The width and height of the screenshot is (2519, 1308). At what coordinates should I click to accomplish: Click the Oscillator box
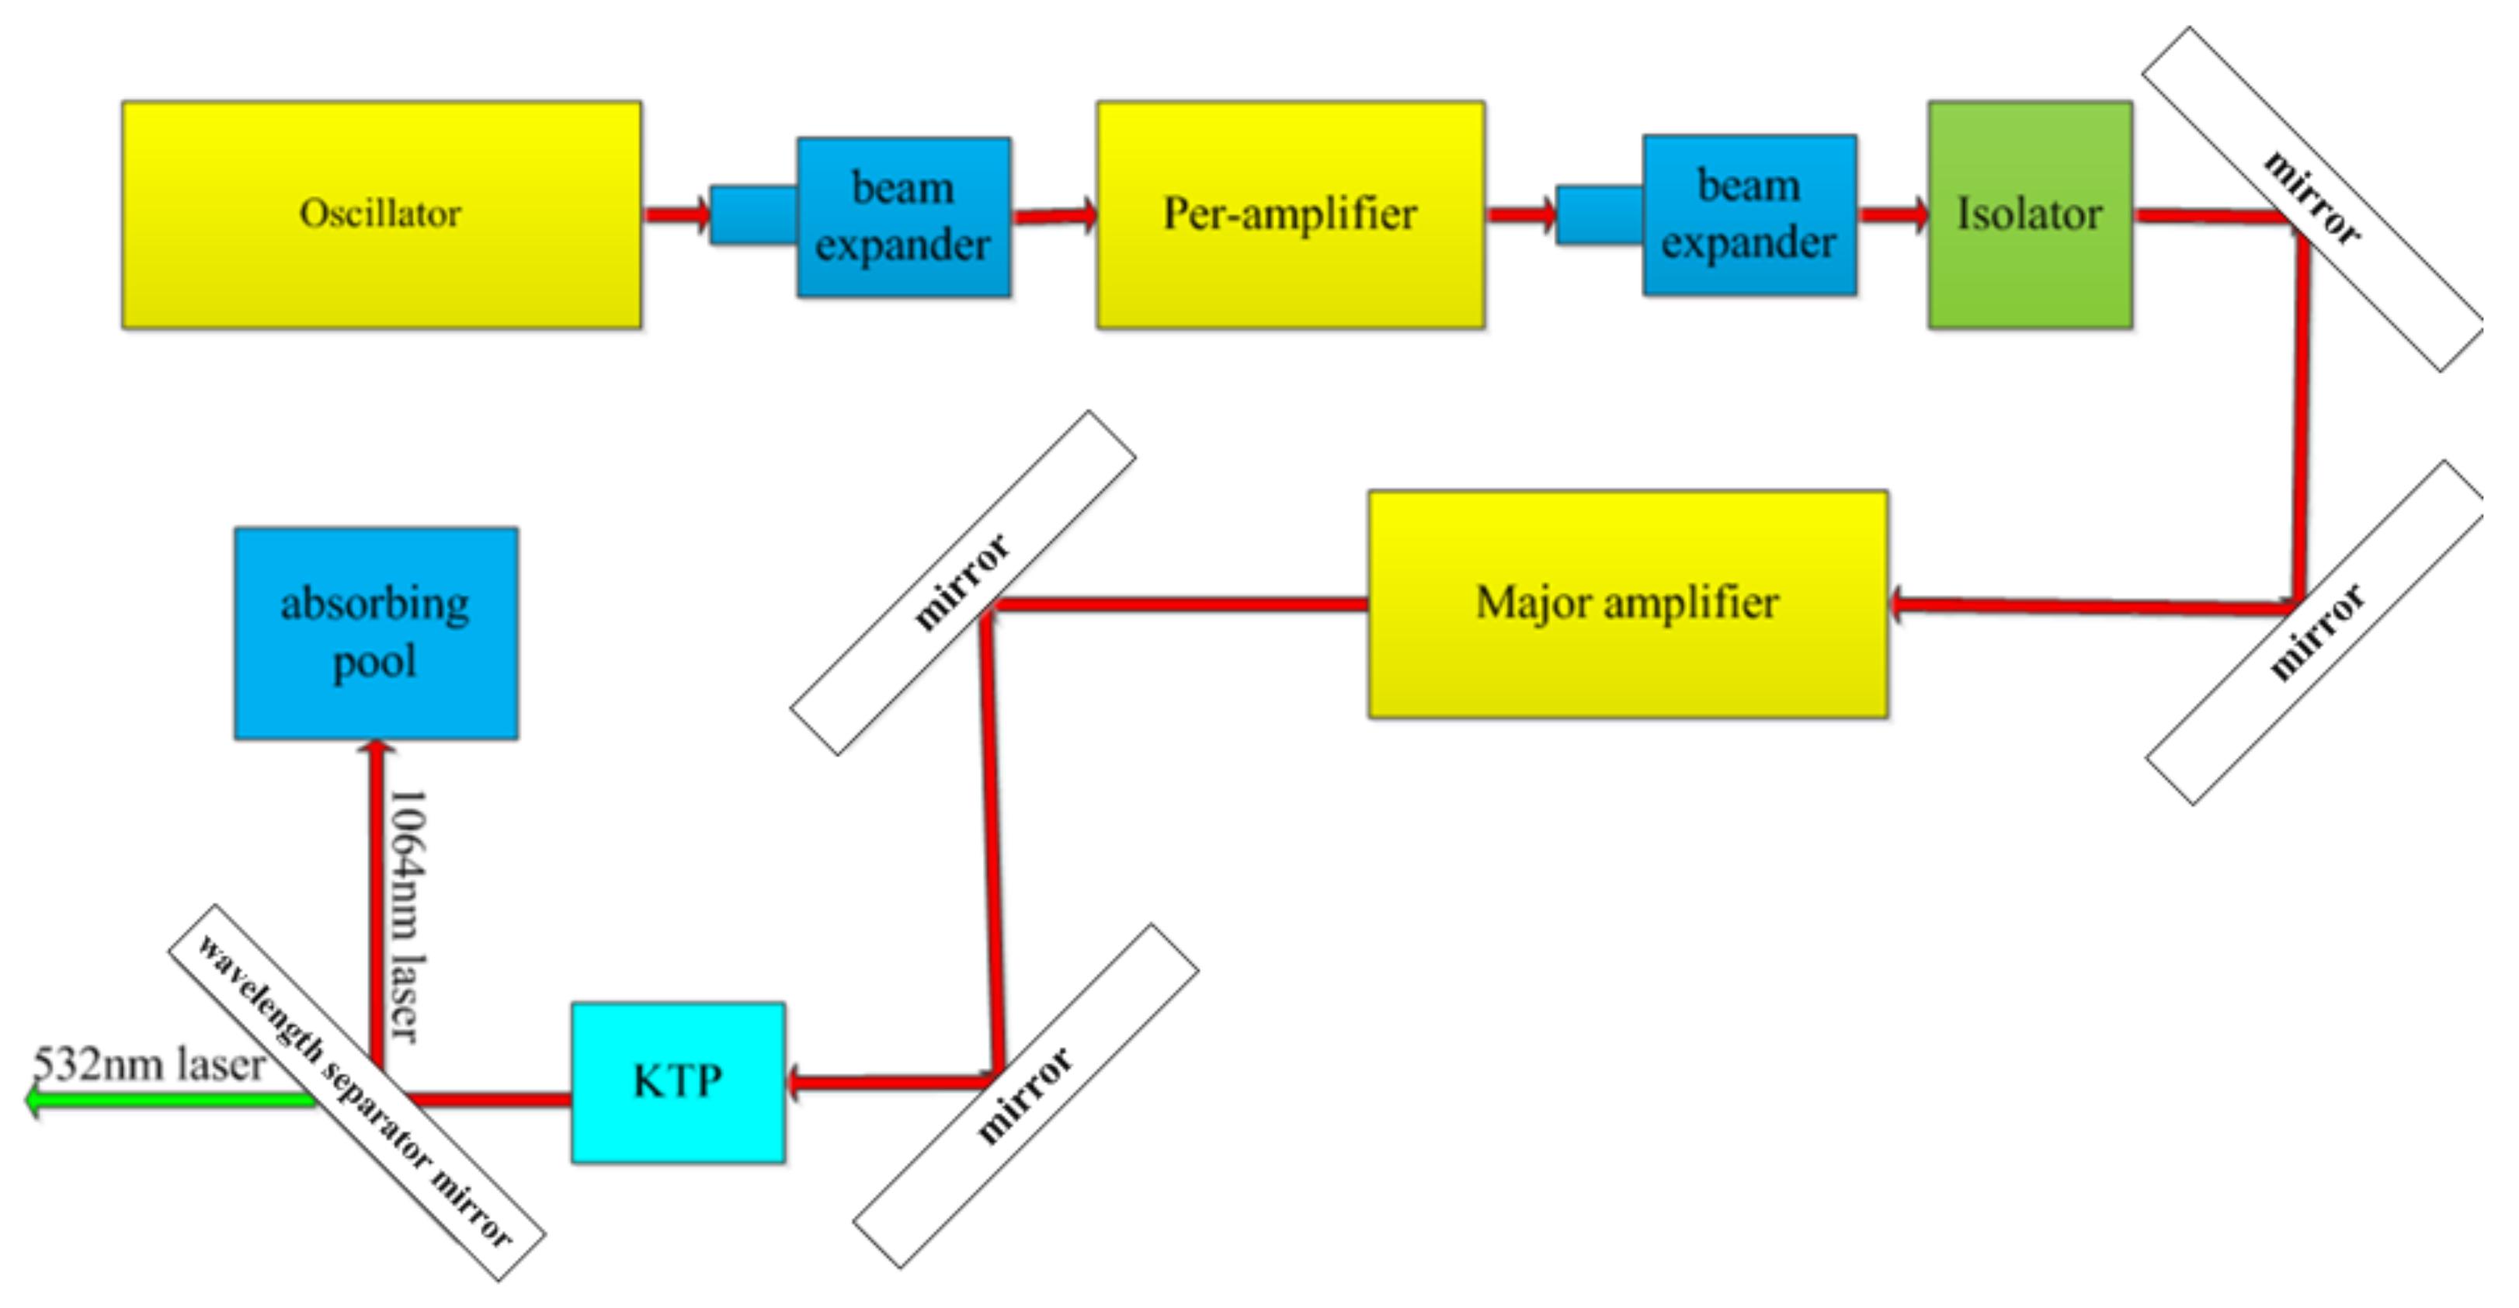click(x=381, y=214)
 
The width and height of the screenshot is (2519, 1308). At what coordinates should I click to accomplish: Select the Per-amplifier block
click(x=1290, y=214)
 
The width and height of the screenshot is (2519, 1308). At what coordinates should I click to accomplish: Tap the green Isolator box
click(x=2029, y=214)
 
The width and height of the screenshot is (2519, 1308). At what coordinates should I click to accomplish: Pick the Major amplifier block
click(x=1628, y=604)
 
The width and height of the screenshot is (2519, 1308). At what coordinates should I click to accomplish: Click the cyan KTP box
click(x=678, y=1081)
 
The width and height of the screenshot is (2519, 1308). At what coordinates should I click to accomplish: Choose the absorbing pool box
click(x=376, y=633)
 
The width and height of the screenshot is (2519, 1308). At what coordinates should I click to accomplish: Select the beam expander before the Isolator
click(x=1749, y=214)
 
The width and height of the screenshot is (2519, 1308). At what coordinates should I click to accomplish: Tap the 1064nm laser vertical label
click(x=407, y=915)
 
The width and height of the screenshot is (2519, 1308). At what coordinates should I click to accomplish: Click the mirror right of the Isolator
click(x=2312, y=199)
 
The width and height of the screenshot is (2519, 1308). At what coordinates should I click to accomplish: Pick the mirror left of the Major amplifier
click(x=962, y=582)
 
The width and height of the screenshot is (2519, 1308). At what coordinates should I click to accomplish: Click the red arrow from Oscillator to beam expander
click(x=676, y=214)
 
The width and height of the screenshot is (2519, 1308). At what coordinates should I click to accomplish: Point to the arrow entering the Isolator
click(x=1893, y=214)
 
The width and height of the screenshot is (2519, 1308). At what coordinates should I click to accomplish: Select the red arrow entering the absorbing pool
click(x=377, y=900)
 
